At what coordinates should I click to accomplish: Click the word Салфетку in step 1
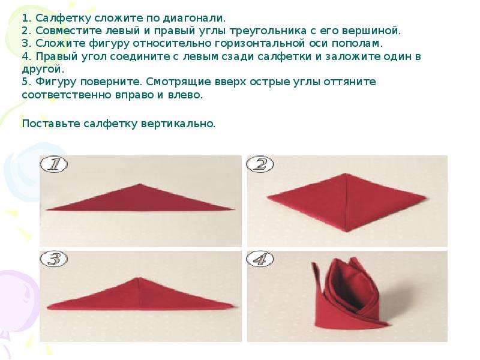[x=63, y=19]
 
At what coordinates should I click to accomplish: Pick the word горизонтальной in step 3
[x=260, y=44]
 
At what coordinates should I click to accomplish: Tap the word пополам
[x=357, y=44]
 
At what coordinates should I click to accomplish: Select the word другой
[x=43, y=70]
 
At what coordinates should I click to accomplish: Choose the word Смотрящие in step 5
[x=176, y=82]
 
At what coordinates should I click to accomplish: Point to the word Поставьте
[x=51, y=124]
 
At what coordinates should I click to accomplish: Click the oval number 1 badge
[x=53, y=164]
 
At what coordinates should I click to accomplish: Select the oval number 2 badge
[x=260, y=164]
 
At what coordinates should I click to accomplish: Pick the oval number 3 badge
[x=53, y=259]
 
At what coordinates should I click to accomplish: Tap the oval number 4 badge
[x=260, y=259]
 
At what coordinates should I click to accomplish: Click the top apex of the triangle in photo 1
[x=140, y=184]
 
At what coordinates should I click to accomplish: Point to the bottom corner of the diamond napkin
[x=347, y=231]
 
